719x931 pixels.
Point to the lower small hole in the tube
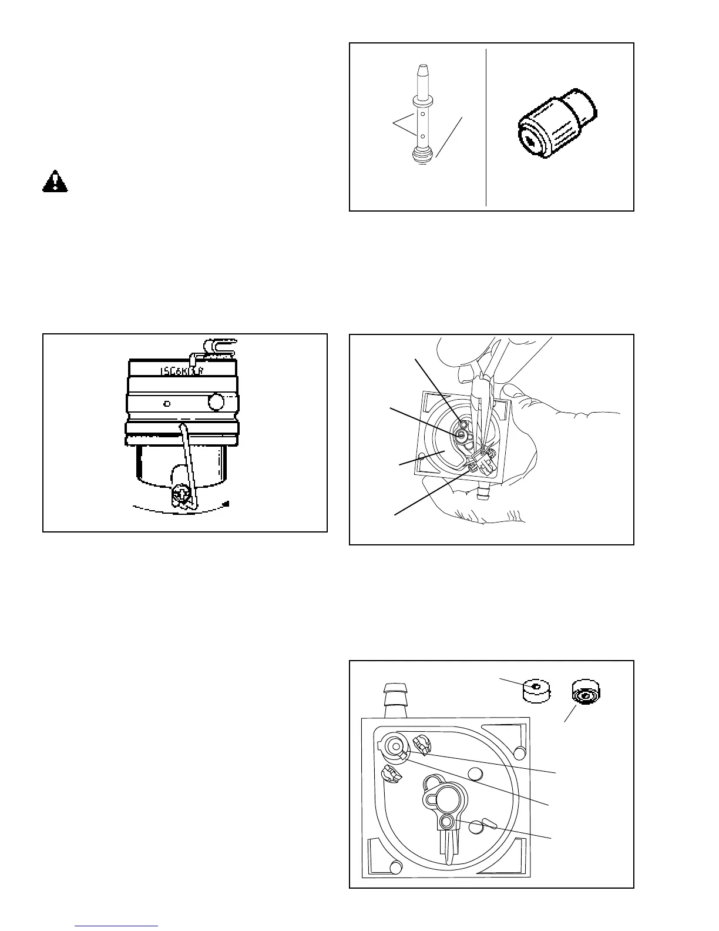click(x=422, y=136)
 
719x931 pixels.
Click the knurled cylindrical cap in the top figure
click(x=556, y=125)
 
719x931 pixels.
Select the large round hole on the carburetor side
click(x=217, y=403)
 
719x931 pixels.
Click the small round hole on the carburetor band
click(x=167, y=404)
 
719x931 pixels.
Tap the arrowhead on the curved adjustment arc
click(x=227, y=504)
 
